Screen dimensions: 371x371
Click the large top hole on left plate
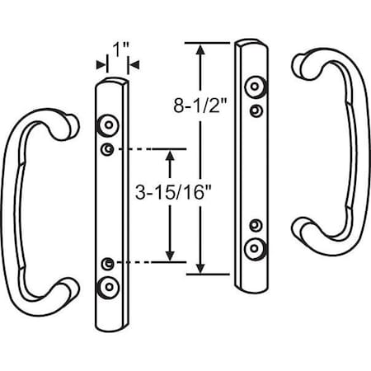[107, 124]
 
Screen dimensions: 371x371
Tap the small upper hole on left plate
[107, 148]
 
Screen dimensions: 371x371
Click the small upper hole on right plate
[258, 108]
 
